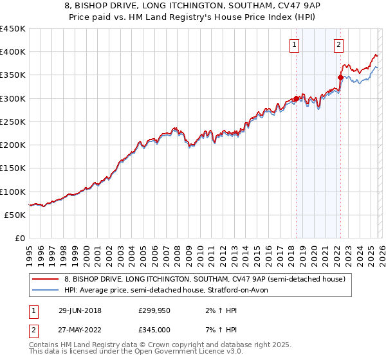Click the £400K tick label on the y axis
click(13, 52)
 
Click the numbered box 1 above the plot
click(294, 44)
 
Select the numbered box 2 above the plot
click(338, 44)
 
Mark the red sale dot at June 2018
click(296, 99)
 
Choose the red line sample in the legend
click(45, 279)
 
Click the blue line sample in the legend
click(45, 291)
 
